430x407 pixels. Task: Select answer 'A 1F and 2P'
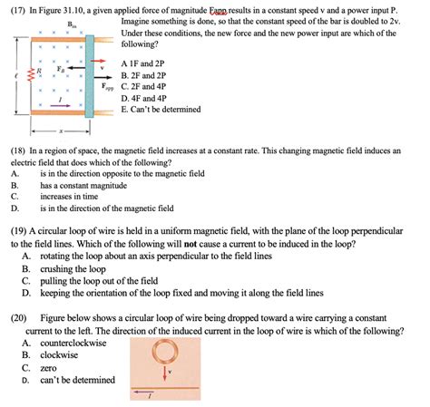pos(147,64)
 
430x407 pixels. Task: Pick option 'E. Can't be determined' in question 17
pos(164,113)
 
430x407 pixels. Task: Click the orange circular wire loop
pos(165,351)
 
